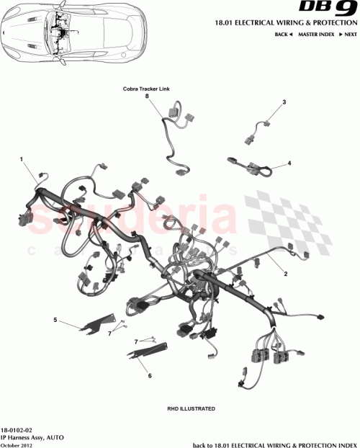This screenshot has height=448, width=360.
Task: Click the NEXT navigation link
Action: tap(348, 34)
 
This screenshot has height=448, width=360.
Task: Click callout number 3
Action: tap(284, 102)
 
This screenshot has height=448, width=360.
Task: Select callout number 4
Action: tap(289, 163)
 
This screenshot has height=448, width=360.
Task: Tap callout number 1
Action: tap(22, 158)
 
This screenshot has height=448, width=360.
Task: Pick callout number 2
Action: tap(286, 274)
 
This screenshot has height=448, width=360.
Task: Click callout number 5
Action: tap(55, 319)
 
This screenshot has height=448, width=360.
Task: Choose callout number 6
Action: tap(150, 375)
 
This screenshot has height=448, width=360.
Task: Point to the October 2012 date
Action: tap(17, 444)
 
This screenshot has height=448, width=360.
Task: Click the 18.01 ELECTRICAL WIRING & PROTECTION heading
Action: tap(285, 24)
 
